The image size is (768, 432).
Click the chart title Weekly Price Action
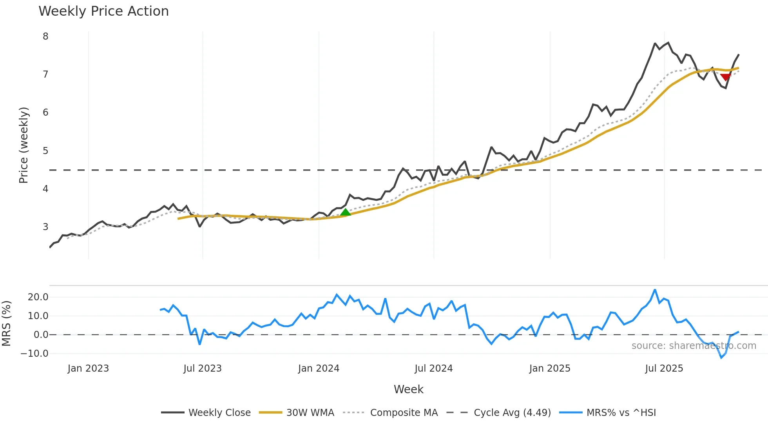click(103, 11)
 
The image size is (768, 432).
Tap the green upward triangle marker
click(345, 212)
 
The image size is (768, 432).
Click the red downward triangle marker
click(725, 77)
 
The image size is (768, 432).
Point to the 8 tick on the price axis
click(45, 36)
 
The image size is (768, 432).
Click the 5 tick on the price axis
click(45, 151)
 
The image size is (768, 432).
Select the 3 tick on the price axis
click(45, 227)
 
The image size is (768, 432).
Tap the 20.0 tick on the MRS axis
click(38, 297)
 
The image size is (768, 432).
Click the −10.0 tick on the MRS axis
click(34, 354)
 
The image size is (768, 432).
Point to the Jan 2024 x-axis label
click(319, 368)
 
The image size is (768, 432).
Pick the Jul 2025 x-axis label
click(664, 368)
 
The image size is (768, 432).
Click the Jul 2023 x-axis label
click(203, 368)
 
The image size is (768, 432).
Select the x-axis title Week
click(408, 389)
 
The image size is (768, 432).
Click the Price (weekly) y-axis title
click(24, 145)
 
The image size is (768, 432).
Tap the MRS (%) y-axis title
click(6, 323)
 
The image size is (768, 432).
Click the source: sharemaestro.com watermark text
click(694, 346)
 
